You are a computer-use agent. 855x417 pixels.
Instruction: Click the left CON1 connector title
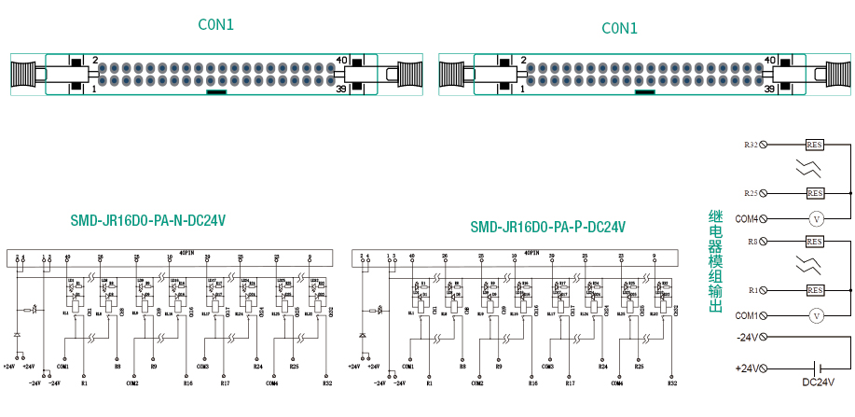tap(216, 25)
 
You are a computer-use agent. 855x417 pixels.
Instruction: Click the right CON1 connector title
tap(619, 28)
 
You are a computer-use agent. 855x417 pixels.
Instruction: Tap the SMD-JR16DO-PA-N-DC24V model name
tap(148, 221)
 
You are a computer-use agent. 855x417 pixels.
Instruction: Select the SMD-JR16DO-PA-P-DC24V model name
tap(547, 227)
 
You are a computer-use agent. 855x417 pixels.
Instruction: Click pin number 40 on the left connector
tap(341, 61)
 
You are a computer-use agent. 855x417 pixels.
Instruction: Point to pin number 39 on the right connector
tap(770, 89)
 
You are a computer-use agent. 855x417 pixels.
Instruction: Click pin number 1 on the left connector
tap(93, 89)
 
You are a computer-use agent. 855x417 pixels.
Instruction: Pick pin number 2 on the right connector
tap(523, 61)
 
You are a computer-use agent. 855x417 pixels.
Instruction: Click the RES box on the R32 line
tap(815, 145)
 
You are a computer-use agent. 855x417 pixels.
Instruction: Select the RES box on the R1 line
tap(815, 290)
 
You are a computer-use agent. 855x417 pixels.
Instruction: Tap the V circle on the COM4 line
tap(815, 218)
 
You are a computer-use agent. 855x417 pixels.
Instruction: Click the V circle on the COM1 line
tap(815, 315)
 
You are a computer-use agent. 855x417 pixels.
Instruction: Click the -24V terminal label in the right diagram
tap(748, 337)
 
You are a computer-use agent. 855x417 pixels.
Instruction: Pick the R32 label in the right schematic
tap(671, 382)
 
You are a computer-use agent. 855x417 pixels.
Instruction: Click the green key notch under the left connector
tap(215, 91)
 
